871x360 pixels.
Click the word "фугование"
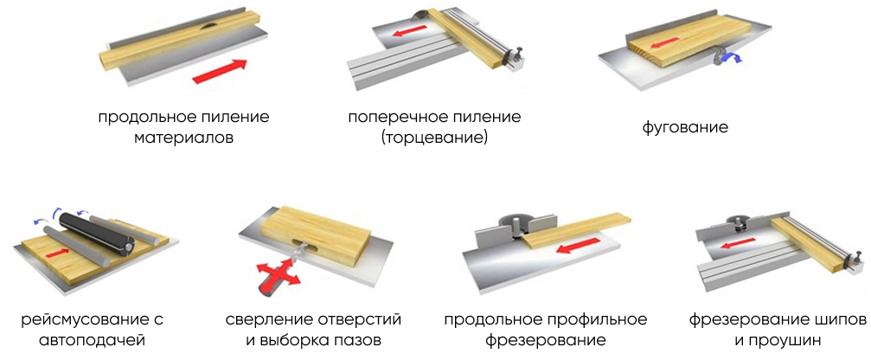point(685,127)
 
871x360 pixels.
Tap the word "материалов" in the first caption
point(183,138)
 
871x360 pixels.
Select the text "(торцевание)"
point(434,138)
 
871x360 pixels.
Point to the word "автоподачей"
point(93,339)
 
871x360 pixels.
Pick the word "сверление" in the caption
point(269,320)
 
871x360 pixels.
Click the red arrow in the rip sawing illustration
point(220,71)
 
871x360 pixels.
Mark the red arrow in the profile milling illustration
point(579,246)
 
